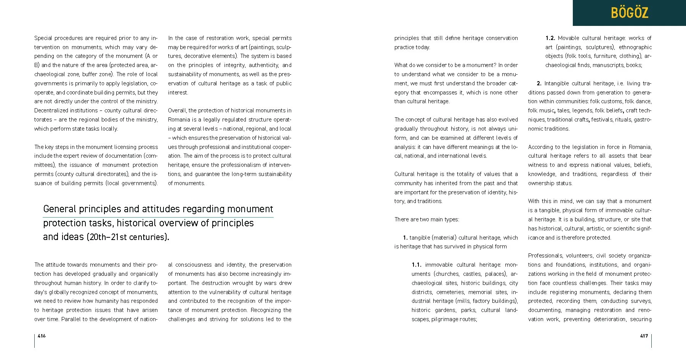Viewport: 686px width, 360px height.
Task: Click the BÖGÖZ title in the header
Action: pyautogui.click(x=629, y=13)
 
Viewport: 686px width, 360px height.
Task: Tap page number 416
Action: pyautogui.click(x=42, y=336)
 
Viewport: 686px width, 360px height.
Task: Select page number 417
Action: pyautogui.click(x=644, y=336)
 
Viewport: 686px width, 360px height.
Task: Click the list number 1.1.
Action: pyautogui.click(x=416, y=265)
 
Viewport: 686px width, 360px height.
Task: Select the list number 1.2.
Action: pyautogui.click(x=550, y=38)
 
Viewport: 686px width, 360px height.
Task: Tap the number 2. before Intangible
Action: pyautogui.click(x=539, y=83)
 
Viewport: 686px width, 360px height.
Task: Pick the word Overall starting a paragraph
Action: pyautogui.click(x=177, y=110)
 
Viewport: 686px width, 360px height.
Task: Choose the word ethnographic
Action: pyautogui.click(x=635, y=47)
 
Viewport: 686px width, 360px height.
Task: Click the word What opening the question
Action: pyautogui.click(x=401, y=65)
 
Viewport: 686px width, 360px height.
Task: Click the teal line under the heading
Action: pyautogui.click(x=158, y=217)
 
